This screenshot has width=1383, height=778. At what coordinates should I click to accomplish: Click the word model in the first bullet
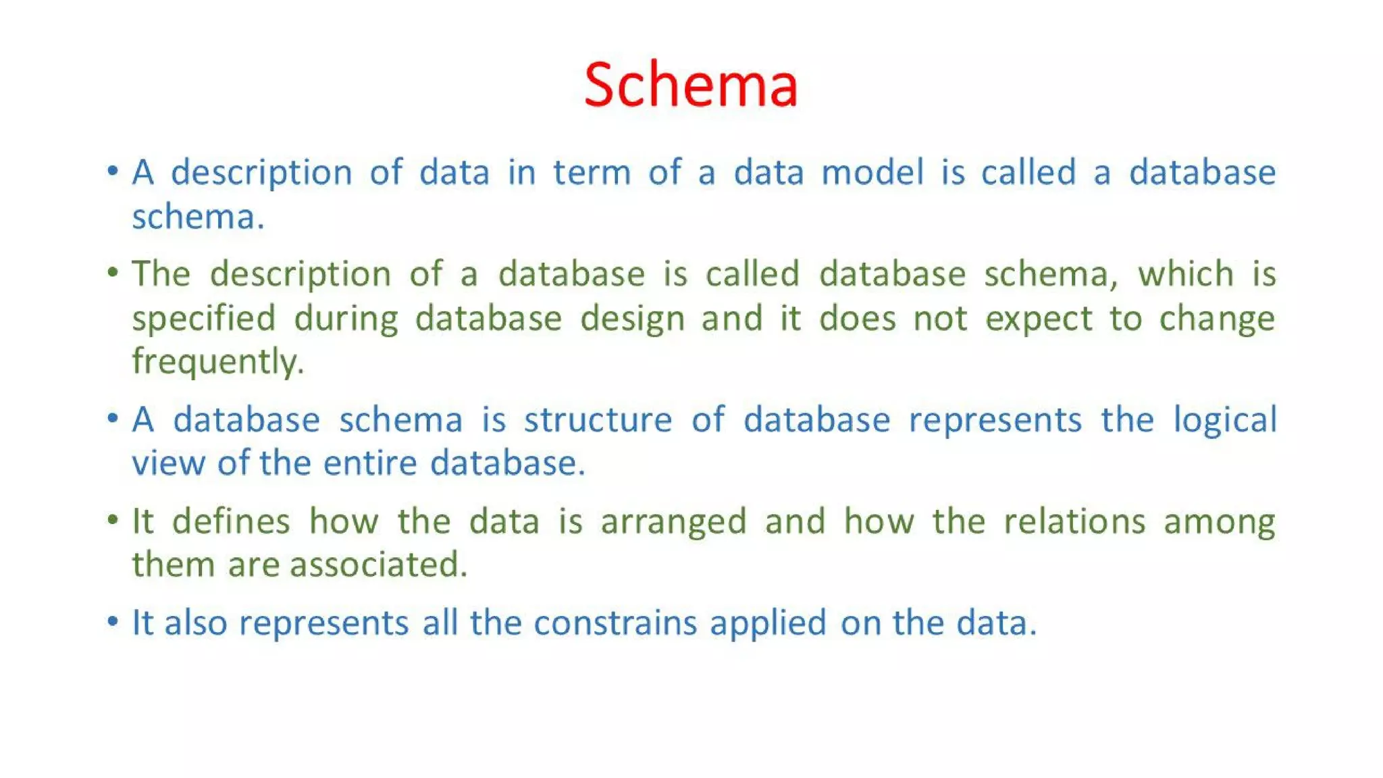pos(872,172)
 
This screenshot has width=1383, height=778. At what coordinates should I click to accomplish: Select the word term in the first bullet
pos(592,172)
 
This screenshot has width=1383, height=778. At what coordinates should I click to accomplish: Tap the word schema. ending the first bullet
pos(197,217)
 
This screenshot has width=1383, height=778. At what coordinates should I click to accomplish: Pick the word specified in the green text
pos(204,319)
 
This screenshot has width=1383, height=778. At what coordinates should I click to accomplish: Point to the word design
pos(632,319)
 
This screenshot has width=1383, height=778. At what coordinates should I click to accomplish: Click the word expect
pos(1038,319)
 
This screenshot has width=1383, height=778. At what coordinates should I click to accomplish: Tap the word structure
pos(598,420)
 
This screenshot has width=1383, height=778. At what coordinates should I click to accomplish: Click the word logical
pos(1224,420)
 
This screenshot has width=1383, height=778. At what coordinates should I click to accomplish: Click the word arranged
pos(673,521)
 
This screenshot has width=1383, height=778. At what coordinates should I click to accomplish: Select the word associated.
pos(378,565)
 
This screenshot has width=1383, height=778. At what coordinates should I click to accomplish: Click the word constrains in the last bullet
pos(615,623)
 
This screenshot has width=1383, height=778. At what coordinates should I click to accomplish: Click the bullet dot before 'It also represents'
pos(113,621)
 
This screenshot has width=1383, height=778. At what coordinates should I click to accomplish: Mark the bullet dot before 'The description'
pos(113,272)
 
